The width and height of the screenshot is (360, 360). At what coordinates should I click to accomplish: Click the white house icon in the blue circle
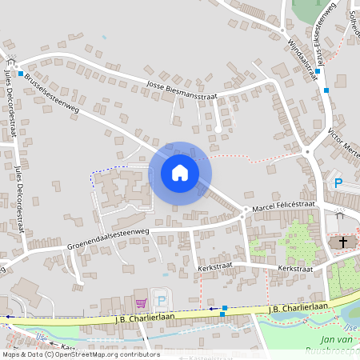click(x=180, y=173)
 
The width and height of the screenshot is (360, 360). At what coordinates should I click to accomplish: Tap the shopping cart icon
click(x=142, y=302)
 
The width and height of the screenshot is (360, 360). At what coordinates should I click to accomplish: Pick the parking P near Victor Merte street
click(x=338, y=183)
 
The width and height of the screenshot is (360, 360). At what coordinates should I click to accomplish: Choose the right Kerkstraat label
click(x=294, y=269)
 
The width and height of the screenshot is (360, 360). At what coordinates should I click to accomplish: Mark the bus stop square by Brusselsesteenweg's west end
click(x=20, y=74)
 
